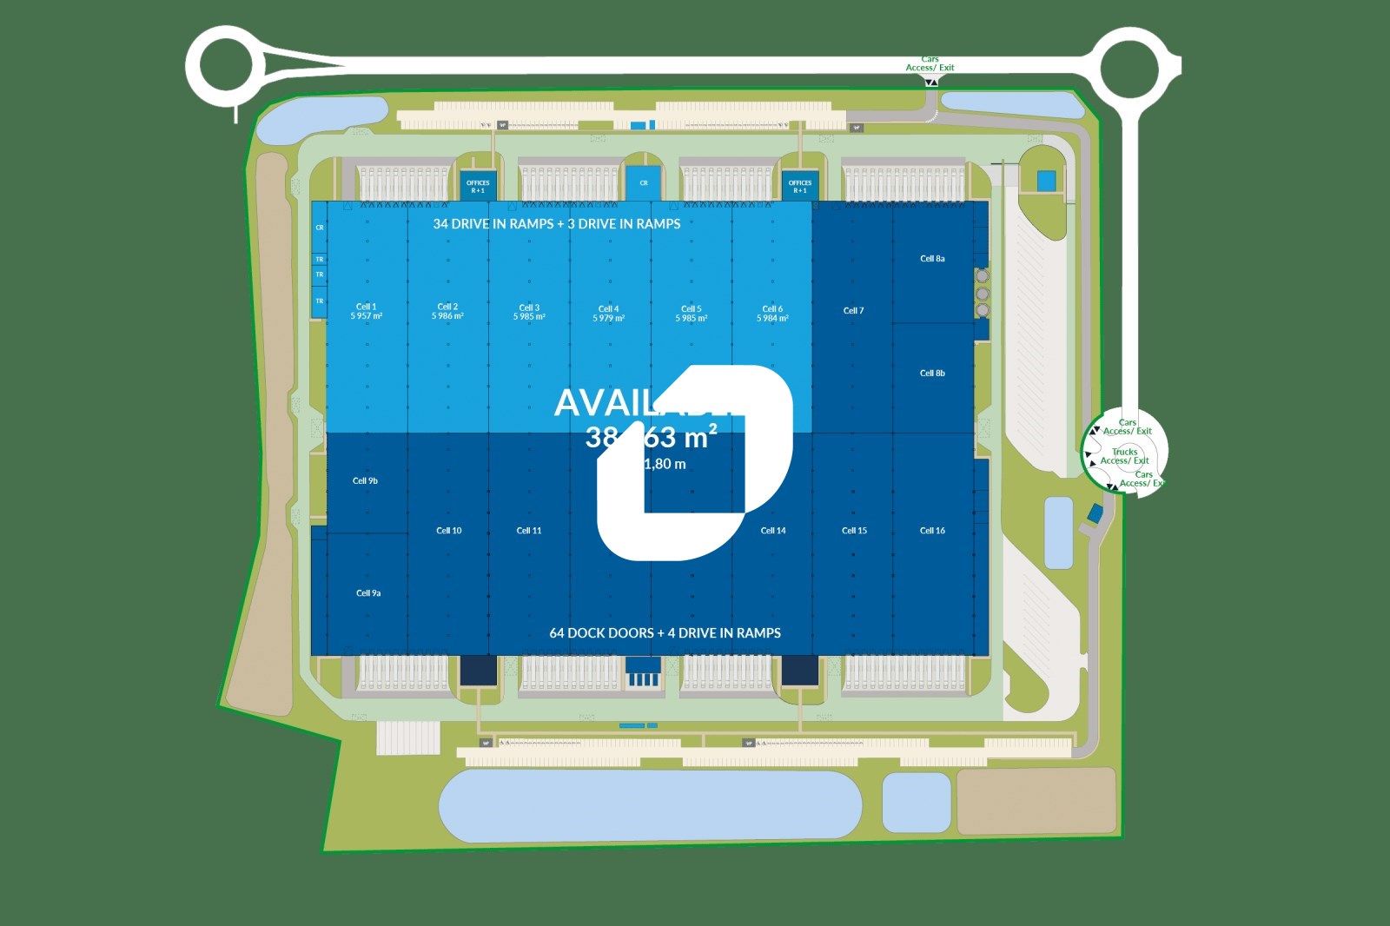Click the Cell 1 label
point(366,307)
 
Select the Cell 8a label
point(932,259)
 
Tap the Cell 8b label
point(932,374)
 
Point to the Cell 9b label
point(365,481)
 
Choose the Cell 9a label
point(368,593)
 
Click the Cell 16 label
point(932,531)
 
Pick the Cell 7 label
point(853,311)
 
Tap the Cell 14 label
point(772,531)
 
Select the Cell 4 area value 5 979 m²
point(608,319)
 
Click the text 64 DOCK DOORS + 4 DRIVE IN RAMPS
point(665,633)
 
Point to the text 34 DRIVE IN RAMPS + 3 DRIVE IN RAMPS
point(556,224)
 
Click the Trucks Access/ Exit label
point(1124,456)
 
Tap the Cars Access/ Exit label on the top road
point(930,63)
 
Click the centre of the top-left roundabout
point(226,64)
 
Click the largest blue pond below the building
point(650,804)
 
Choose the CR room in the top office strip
point(644,183)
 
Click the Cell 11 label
point(528,531)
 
